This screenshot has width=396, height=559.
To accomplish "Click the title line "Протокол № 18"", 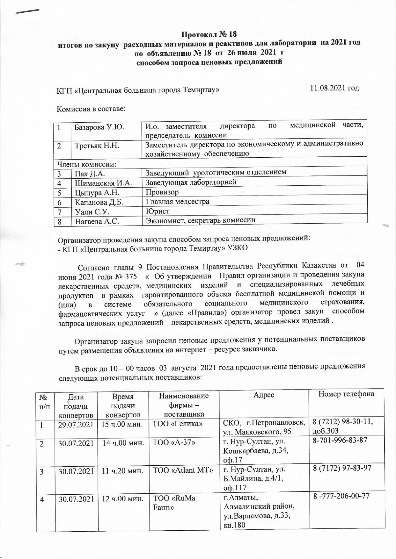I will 209,34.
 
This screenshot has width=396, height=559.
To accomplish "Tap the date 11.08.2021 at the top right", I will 335,88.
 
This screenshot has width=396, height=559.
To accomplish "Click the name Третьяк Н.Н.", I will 97,146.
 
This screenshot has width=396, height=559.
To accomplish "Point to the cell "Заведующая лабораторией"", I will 191,182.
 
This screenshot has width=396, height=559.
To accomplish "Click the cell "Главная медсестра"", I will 177,202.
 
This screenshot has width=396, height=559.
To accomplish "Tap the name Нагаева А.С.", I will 97,221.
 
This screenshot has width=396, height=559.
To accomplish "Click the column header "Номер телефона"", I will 346,394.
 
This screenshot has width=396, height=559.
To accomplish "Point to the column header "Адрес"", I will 264,395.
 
